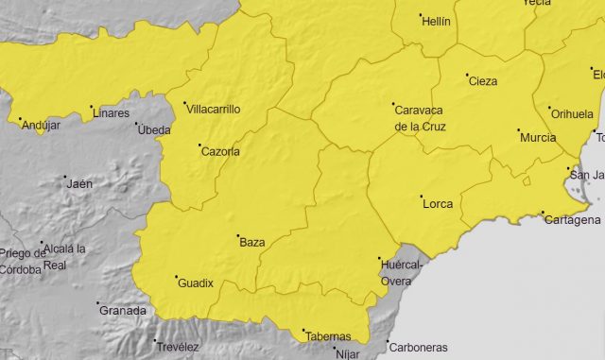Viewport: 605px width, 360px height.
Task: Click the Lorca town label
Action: pyautogui.click(x=438, y=204)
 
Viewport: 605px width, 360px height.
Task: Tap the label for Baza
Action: pyautogui.click(x=252, y=243)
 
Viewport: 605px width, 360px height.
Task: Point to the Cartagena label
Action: pyautogui.click(x=573, y=220)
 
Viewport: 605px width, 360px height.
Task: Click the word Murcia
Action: pyautogui.click(x=538, y=138)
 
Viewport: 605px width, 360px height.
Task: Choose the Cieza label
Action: pyautogui.click(x=482, y=81)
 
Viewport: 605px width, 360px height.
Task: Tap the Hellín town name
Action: pyautogui.click(x=436, y=21)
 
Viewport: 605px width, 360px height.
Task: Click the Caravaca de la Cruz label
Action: pyautogui.click(x=420, y=117)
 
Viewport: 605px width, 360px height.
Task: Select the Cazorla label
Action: pyautogui.click(x=219, y=151)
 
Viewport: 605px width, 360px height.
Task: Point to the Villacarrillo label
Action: pyautogui.click(x=212, y=110)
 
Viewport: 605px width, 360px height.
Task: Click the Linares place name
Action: pyautogui.click(x=112, y=113)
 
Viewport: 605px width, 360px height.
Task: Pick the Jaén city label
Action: pyautogui.click(x=79, y=183)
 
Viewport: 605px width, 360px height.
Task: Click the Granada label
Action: pyautogui.click(x=124, y=310)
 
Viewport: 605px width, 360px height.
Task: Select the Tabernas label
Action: pyautogui.click(x=326, y=336)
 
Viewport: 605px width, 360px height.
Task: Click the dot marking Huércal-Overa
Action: pyautogui.click(x=379, y=259)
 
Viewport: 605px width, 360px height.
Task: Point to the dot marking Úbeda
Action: pyautogui.click(x=137, y=124)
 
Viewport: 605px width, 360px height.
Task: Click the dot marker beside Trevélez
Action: pyautogui.click(x=156, y=341)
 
